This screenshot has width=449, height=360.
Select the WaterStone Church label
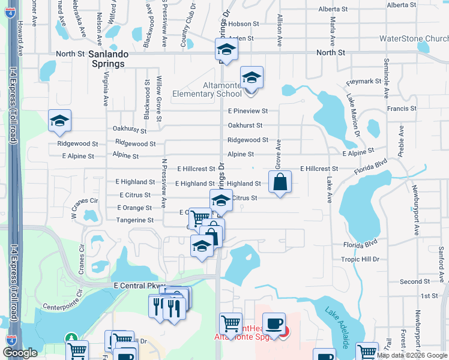pos(414,39)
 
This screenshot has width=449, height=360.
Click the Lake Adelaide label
pos(337,329)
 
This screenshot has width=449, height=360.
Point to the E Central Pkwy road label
pos(139,287)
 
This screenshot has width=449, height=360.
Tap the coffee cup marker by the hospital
pos(274,324)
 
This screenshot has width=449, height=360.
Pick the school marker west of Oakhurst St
pos(59,121)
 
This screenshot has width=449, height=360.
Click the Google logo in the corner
pos(20,353)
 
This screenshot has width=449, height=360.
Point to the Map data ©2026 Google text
pos(412,356)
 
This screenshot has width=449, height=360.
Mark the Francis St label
pos(402,109)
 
